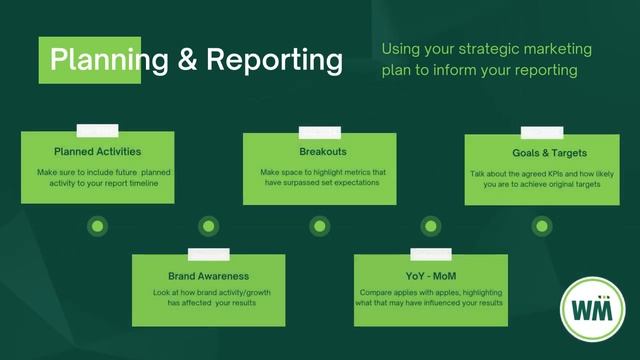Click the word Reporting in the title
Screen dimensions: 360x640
click(274, 60)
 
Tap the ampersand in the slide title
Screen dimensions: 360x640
click(186, 60)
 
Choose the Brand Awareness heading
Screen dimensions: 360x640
click(208, 275)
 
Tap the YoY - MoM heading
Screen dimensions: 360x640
click(430, 275)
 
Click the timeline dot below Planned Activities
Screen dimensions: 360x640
click(97, 226)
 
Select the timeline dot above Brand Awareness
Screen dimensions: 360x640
click(208, 226)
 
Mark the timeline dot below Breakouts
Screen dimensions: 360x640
click(319, 226)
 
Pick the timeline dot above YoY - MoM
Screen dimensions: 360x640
click(430, 226)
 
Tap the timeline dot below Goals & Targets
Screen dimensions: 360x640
click(542, 226)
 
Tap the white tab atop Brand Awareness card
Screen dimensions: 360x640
click(208, 254)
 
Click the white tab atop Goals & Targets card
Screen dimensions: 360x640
click(542, 131)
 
